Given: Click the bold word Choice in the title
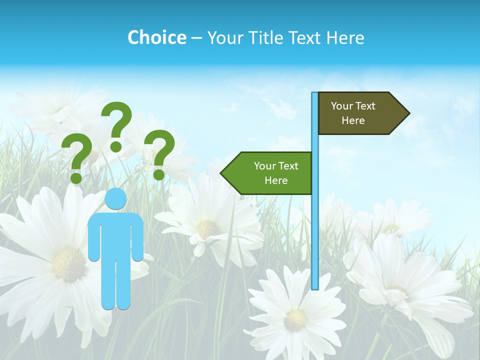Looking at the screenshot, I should point(156,37).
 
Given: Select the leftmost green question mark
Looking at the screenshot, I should point(76,156).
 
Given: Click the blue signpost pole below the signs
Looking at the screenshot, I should point(314,240).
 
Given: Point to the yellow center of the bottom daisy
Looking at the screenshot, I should point(295,318).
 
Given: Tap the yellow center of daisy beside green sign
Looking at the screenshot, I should point(206,228).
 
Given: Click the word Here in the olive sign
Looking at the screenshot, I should point(353,120).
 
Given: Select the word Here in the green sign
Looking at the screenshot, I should point(276,180).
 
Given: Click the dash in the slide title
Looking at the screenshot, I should point(196,38).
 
